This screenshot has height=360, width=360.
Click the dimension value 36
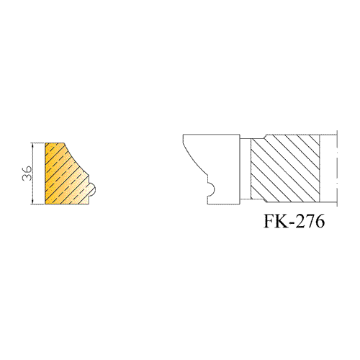(27, 173)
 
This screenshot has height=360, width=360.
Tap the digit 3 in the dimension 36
(27, 177)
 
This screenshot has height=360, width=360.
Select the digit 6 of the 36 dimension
(27, 169)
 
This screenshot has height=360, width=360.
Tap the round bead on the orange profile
(92, 190)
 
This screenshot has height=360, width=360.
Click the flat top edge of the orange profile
(55, 143)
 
